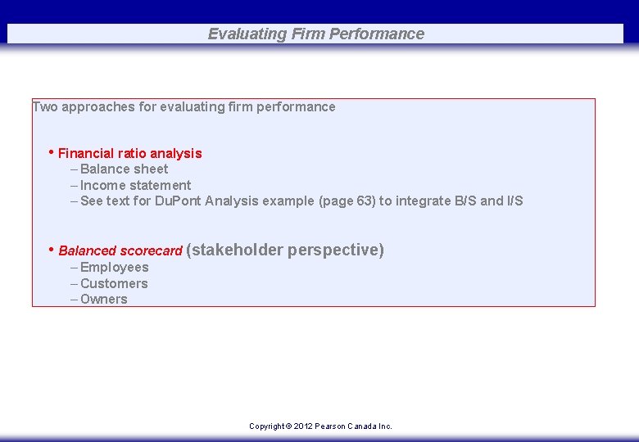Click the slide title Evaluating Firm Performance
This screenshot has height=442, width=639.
(x=315, y=34)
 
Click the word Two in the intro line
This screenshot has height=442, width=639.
(x=44, y=107)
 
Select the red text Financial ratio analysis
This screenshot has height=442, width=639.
(x=129, y=154)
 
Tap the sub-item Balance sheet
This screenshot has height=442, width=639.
(x=124, y=169)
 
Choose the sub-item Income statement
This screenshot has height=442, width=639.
(x=135, y=186)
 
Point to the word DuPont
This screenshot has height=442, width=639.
(x=179, y=201)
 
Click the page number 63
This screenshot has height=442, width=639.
(x=365, y=201)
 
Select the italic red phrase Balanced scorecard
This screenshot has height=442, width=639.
(x=120, y=251)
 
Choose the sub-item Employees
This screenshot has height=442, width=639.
(x=114, y=268)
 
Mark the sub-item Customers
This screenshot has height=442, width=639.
(x=114, y=284)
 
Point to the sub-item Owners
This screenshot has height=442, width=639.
(x=103, y=300)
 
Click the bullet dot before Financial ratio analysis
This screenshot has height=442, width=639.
(x=52, y=152)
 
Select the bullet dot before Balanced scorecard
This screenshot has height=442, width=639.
(x=52, y=249)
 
